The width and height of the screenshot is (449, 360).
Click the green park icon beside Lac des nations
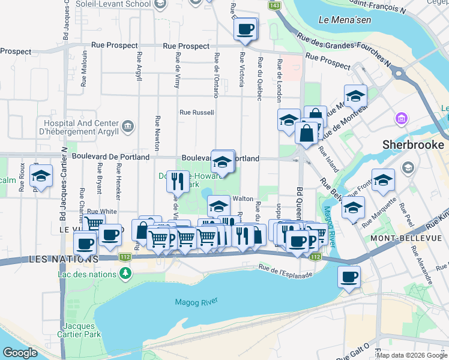click(x=125, y=273)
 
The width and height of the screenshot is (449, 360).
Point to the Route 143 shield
click(x=274, y=5)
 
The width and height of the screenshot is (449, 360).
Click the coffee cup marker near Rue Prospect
click(x=246, y=29)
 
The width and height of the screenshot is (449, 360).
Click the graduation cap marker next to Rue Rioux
click(x=41, y=176)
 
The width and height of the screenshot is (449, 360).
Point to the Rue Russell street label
click(x=197, y=112)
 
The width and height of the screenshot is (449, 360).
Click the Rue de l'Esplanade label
click(x=286, y=271)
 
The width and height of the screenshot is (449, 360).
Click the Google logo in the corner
click(x=20, y=353)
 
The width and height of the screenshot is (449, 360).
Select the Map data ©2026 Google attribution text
click(x=411, y=355)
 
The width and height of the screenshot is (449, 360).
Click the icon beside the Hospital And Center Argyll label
click(x=127, y=125)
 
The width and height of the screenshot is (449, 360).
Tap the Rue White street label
click(x=102, y=211)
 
